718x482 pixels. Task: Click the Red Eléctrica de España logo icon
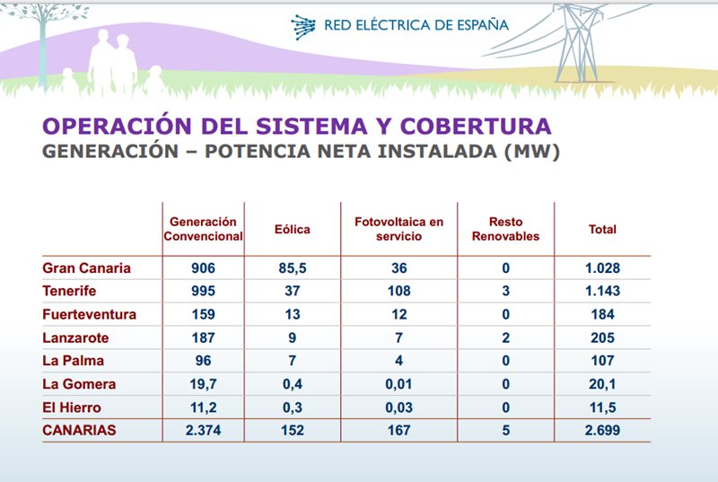[303, 27]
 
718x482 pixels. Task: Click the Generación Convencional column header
[203, 229]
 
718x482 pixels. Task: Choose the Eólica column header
[292, 229]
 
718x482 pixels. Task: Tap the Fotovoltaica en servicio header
[398, 229]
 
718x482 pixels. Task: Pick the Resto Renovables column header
[505, 229]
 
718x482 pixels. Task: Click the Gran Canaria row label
[87, 267]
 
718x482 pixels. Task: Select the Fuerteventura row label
[90, 314]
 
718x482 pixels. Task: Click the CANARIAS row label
[80, 431]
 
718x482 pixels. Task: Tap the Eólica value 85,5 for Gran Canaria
[292, 267]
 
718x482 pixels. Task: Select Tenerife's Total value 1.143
[602, 291]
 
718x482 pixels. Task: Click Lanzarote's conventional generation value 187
[203, 337]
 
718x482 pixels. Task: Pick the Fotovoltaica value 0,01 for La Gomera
[398, 384]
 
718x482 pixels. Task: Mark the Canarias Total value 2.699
[602, 431]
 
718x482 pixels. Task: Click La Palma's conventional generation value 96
[203, 361]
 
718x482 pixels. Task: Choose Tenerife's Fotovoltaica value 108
[398, 291]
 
